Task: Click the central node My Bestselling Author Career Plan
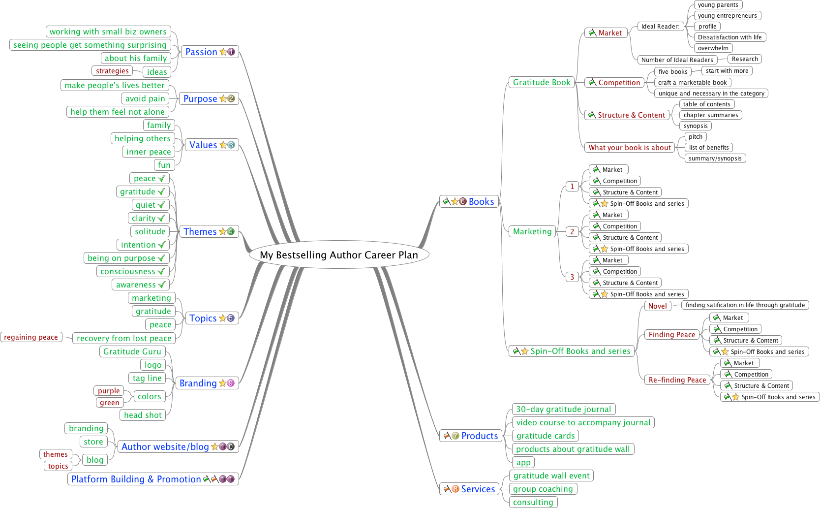coord(338,255)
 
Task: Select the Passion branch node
coord(201,52)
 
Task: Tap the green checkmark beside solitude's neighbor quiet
coord(161,205)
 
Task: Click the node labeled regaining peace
coord(31,337)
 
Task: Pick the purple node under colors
coord(109,391)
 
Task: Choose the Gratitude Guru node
coord(132,351)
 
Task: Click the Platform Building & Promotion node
coord(136,479)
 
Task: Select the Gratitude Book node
coord(542,82)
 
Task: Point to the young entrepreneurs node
coord(727,16)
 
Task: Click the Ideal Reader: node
coord(660,27)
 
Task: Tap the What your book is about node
coord(630,147)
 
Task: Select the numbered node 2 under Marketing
coord(572,231)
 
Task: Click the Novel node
coord(657,306)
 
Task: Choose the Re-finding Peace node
coord(677,380)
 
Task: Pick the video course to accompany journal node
coord(583,422)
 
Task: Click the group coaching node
coord(543,489)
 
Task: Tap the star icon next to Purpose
coord(223,98)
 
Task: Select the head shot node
coord(143,415)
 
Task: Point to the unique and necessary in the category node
coord(711,94)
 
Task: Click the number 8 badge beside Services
coord(455,489)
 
